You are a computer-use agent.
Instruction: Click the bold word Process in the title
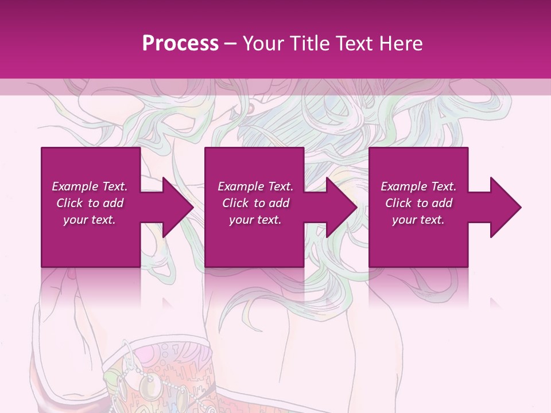pyautogui.click(x=180, y=43)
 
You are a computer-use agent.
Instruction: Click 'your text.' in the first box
pyautogui.click(x=90, y=219)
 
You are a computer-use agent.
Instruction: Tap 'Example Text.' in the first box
pyautogui.click(x=90, y=186)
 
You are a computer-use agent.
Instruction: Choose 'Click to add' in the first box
pyautogui.click(x=90, y=202)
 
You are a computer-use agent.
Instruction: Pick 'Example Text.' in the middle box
pyautogui.click(x=255, y=186)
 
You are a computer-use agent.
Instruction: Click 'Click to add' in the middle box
pyautogui.click(x=255, y=202)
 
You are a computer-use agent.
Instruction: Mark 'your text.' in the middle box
pyautogui.click(x=255, y=219)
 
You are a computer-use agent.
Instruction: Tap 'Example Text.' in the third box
pyautogui.click(x=418, y=186)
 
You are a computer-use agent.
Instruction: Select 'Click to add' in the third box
pyautogui.click(x=418, y=202)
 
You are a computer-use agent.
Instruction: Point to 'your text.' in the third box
pyautogui.click(x=418, y=219)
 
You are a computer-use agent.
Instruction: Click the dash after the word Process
pyautogui.click(x=231, y=44)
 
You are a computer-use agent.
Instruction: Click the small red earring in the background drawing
pyautogui.click(x=251, y=107)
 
